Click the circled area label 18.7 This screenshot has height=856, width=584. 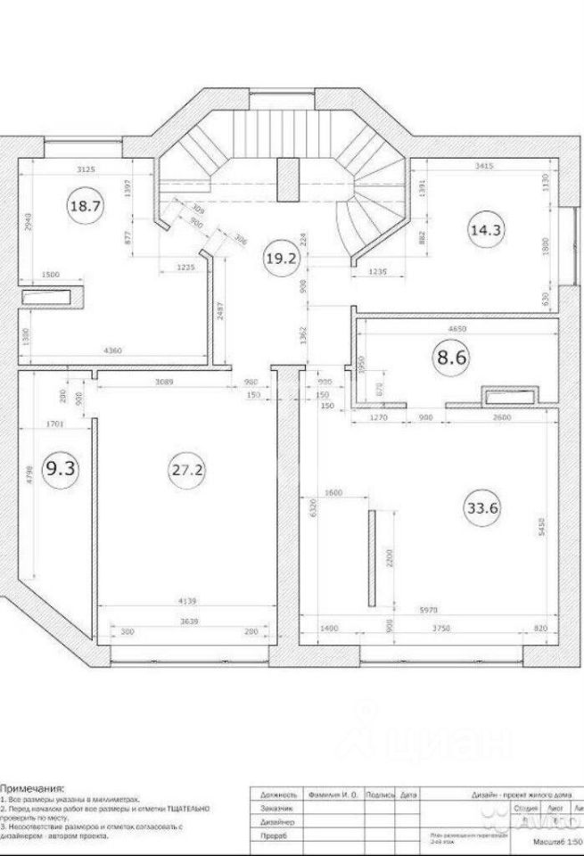(x=85, y=206)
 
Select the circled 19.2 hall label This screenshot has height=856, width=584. (x=280, y=259)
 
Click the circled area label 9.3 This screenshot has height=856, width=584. (x=61, y=470)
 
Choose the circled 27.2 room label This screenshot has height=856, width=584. (x=185, y=469)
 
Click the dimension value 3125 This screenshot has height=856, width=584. (x=87, y=168)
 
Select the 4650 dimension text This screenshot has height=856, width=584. (x=454, y=329)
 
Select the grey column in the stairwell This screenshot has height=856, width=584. (x=286, y=178)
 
